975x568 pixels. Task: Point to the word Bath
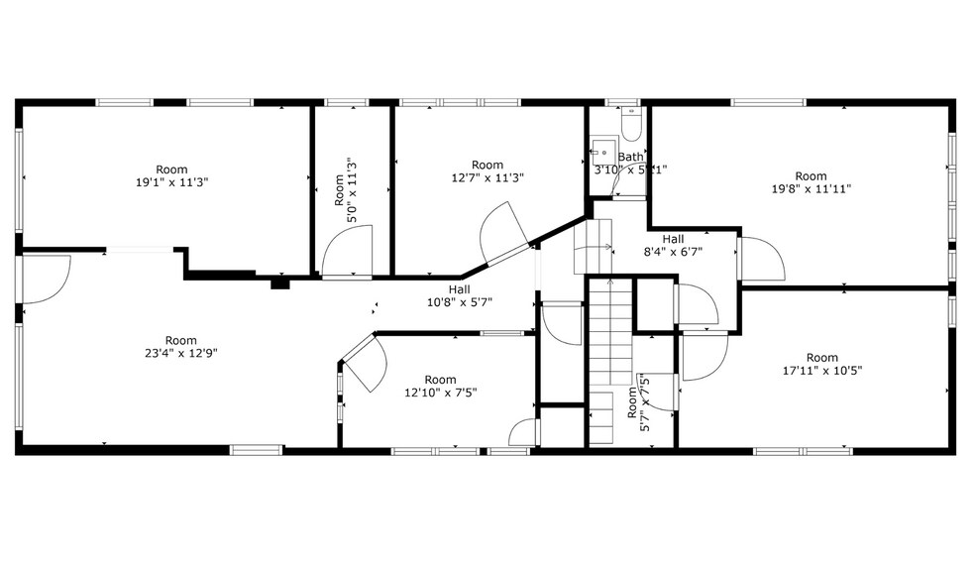630,157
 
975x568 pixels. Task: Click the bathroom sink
598,153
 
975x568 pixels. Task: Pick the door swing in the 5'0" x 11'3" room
350,251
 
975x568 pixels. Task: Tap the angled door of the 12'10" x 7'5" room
363,362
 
